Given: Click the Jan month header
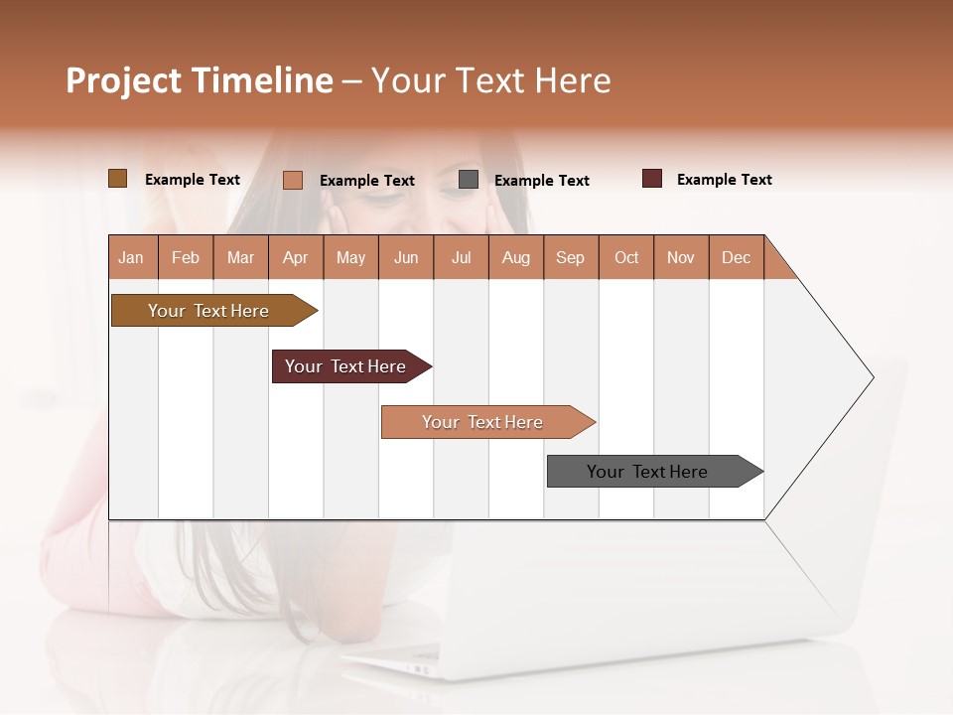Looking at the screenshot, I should pos(132,257).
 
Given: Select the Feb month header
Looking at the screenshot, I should pos(186,257).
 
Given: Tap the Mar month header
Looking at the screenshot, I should pos(240,257).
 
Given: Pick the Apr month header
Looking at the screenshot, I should pos(296,257).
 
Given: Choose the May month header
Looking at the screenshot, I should pos(350,257).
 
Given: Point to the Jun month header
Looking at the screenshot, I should pos(406,257).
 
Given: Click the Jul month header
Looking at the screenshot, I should pos(461,257).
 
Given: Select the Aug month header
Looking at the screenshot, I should pos(516,257).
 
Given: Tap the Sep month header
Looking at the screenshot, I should pos(571,257).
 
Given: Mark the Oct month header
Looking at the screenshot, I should pos(626,257).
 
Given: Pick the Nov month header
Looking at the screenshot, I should pos(681,257).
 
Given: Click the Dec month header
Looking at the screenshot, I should pos(737,257).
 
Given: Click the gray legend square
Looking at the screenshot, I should pos(469,180).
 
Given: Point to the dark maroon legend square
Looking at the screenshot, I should pos(652,179).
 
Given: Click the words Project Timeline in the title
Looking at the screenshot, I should pos(200,80).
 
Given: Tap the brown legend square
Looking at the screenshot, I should pos(117,179).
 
